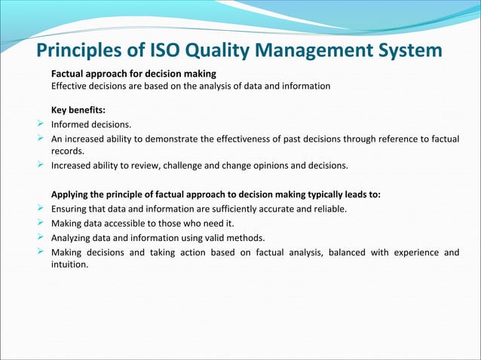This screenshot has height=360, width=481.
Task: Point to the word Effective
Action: click(x=69, y=86)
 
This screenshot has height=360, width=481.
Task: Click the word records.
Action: click(x=68, y=151)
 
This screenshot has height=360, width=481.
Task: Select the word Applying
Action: click(x=72, y=194)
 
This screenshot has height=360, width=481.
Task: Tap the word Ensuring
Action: click(x=71, y=209)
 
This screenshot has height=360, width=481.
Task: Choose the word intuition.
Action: click(x=69, y=264)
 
